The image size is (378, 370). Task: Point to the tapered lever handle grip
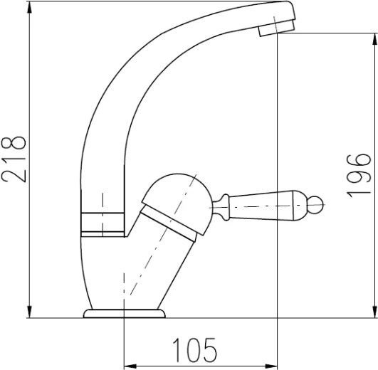click(x=274, y=208)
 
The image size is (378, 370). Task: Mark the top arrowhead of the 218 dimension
click(x=28, y=7)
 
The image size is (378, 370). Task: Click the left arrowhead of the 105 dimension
click(x=129, y=362)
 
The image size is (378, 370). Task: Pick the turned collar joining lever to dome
click(x=221, y=206)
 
